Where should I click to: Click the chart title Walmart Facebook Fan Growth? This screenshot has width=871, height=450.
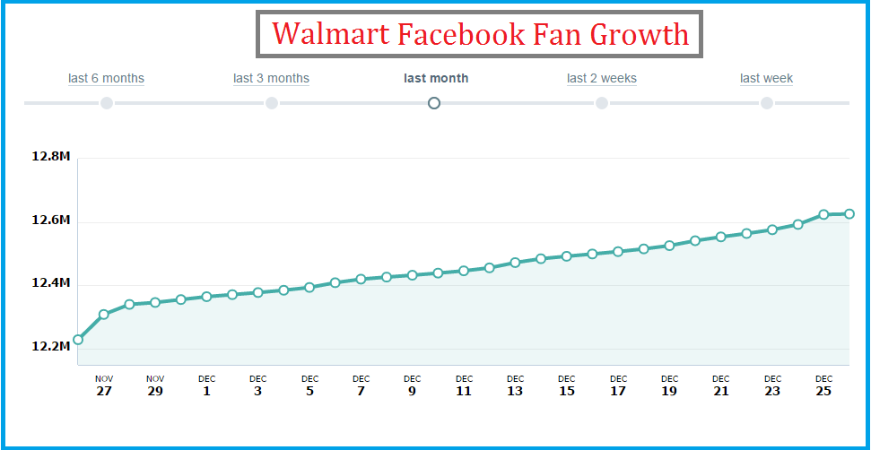(x=480, y=35)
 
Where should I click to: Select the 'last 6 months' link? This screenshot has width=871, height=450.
(x=106, y=78)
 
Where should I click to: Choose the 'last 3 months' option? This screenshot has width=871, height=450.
(x=271, y=78)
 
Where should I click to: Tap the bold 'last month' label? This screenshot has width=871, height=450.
(x=436, y=78)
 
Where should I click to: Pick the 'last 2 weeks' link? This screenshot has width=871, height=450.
(x=602, y=78)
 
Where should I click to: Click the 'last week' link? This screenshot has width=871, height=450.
(x=766, y=78)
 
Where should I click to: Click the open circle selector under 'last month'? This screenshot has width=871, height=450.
(x=435, y=103)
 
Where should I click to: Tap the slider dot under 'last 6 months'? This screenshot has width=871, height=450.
(x=107, y=103)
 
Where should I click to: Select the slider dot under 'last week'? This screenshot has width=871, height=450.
(x=767, y=103)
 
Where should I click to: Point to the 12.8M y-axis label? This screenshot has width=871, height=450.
(x=50, y=157)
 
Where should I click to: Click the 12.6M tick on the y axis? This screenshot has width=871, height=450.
(x=50, y=221)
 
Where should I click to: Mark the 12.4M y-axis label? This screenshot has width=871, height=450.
(x=50, y=283)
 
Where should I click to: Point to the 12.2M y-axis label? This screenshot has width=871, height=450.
(x=50, y=346)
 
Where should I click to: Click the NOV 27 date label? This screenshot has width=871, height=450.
(x=104, y=386)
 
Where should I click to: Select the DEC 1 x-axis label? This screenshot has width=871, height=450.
(x=207, y=386)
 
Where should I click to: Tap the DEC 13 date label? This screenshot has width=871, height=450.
(x=515, y=386)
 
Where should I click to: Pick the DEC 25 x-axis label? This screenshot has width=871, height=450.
(x=824, y=386)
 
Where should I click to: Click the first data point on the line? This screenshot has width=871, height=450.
(x=78, y=340)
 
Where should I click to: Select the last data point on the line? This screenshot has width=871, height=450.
(x=849, y=213)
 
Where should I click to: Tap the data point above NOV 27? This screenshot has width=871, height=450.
(x=104, y=315)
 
